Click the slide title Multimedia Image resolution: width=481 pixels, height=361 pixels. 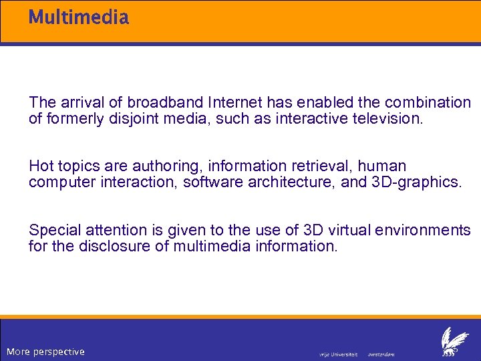click(x=78, y=17)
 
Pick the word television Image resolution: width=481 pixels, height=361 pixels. click(x=389, y=119)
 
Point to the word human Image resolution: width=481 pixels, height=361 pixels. click(x=383, y=166)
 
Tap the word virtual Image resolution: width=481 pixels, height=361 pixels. click(x=350, y=230)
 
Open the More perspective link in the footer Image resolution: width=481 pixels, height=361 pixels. click(x=45, y=352)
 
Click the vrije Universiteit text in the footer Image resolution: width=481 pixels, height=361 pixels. click(x=339, y=354)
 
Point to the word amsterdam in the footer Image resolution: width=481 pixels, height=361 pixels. click(x=381, y=354)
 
